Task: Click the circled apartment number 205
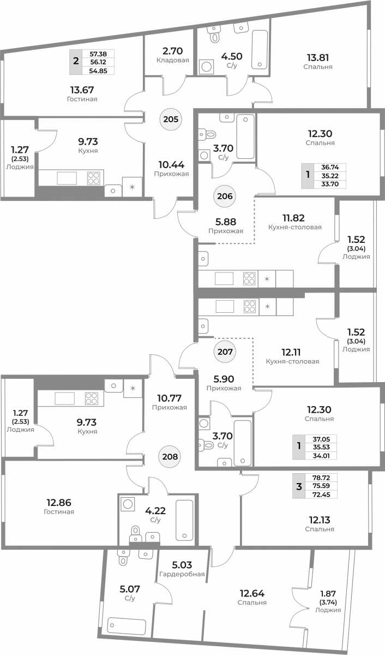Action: coord(171,120)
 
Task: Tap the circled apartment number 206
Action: coord(225,196)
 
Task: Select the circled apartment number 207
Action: coord(225,352)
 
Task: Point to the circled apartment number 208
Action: coord(170,456)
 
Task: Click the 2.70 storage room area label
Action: coord(173,51)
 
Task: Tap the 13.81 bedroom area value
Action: coord(318,57)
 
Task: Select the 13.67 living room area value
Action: coord(82,90)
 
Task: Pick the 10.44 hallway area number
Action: coord(171,165)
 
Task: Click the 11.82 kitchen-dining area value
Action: coord(293,218)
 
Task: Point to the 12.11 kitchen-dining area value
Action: coord(291,352)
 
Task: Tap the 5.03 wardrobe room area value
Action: coord(182,564)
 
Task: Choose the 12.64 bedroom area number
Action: coord(252,593)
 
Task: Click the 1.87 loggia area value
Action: coord(328,594)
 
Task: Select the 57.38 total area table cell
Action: coord(98,54)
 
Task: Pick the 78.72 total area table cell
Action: coord(321,478)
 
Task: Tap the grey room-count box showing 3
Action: coord(299,486)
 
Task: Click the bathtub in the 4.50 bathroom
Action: coord(260,50)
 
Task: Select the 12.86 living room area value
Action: coord(59,503)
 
